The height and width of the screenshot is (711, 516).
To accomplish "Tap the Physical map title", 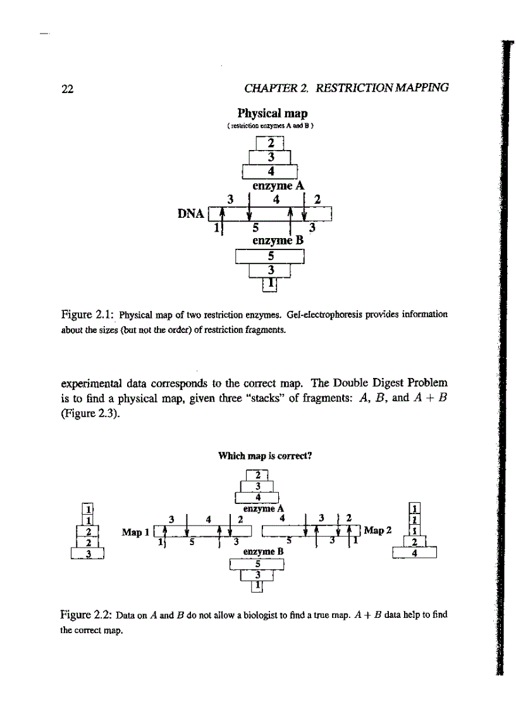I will pos(272,114).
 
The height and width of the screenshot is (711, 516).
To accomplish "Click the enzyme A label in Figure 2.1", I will pos(279,186).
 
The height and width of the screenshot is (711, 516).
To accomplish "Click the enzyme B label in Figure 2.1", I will pos(278,241).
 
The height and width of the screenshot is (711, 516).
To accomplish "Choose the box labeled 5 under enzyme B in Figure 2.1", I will pos(270,256).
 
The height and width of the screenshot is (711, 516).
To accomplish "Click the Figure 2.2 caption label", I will pos(85,613).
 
